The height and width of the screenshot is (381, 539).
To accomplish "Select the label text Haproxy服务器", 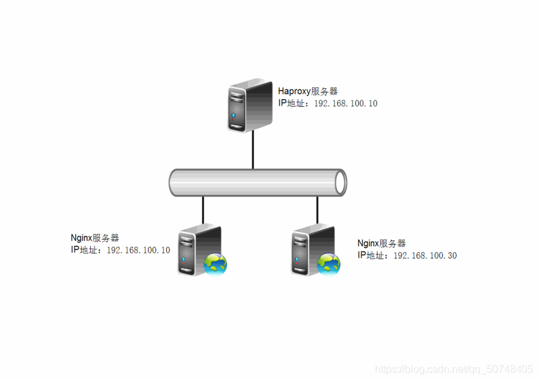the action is coord(307,91).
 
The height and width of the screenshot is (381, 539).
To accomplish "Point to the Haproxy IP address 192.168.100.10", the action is coord(346,104).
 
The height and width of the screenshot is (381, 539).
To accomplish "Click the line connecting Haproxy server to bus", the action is coord(252,150).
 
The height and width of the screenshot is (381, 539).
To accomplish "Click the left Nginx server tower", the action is coord(196,251).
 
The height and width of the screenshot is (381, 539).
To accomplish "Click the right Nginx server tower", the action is coord(310,251).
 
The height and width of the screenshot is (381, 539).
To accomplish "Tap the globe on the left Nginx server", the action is coord(216,264).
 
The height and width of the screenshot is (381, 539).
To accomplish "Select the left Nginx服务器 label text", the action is coord(95,238).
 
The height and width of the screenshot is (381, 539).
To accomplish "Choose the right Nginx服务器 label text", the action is coord(381,243).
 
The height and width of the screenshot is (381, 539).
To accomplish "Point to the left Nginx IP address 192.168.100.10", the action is coord(138,250).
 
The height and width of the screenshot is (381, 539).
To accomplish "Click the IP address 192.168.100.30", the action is coord(425,255).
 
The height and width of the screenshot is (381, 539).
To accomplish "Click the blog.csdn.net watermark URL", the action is coord(454,369).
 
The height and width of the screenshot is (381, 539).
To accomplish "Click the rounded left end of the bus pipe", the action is coord(173,183).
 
